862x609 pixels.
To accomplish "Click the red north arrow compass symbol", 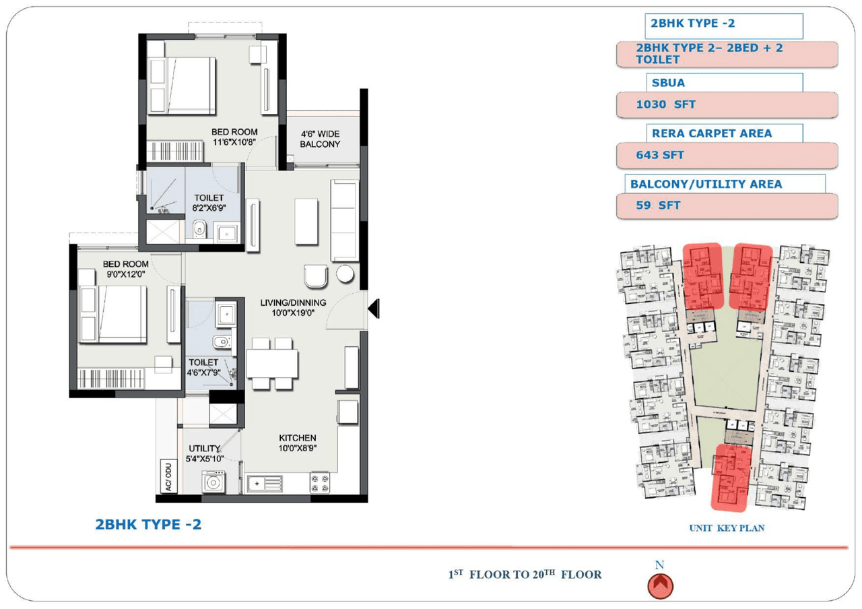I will pos(660,586).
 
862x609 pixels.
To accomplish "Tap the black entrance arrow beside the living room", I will pos(374,308).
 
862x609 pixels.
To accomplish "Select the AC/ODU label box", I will pos(167,476).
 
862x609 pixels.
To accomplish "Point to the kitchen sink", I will pos(265,483).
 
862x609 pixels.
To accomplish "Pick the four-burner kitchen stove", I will pos(319,483).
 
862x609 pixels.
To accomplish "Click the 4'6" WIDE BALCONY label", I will pos(320,139).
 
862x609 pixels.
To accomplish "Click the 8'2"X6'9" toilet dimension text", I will pos(209,207).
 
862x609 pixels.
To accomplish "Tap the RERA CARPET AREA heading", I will pos(711,133).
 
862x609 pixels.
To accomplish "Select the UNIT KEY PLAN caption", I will pos(727,528).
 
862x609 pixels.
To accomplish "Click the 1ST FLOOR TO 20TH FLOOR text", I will pos(525,575).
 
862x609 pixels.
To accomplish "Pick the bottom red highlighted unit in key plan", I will pos(732,477).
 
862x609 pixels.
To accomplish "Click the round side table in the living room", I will pos(345,274).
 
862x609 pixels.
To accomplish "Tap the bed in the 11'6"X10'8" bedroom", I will pos(182,86).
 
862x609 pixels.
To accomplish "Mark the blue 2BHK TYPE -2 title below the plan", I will pos(148,524).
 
